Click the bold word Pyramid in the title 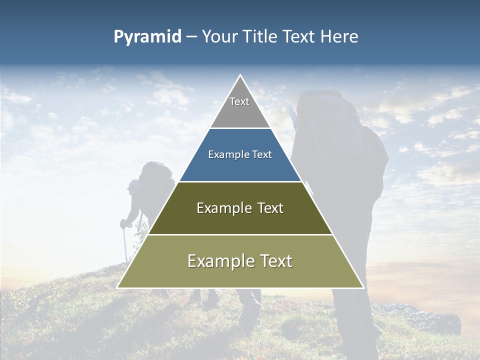tap(147, 37)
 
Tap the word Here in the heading tap(339, 37)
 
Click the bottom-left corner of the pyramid tap(118, 287)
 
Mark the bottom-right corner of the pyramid tap(363, 287)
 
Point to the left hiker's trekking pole tap(124, 245)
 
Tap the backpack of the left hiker tap(155, 180)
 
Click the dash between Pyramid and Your tap(191, 37)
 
